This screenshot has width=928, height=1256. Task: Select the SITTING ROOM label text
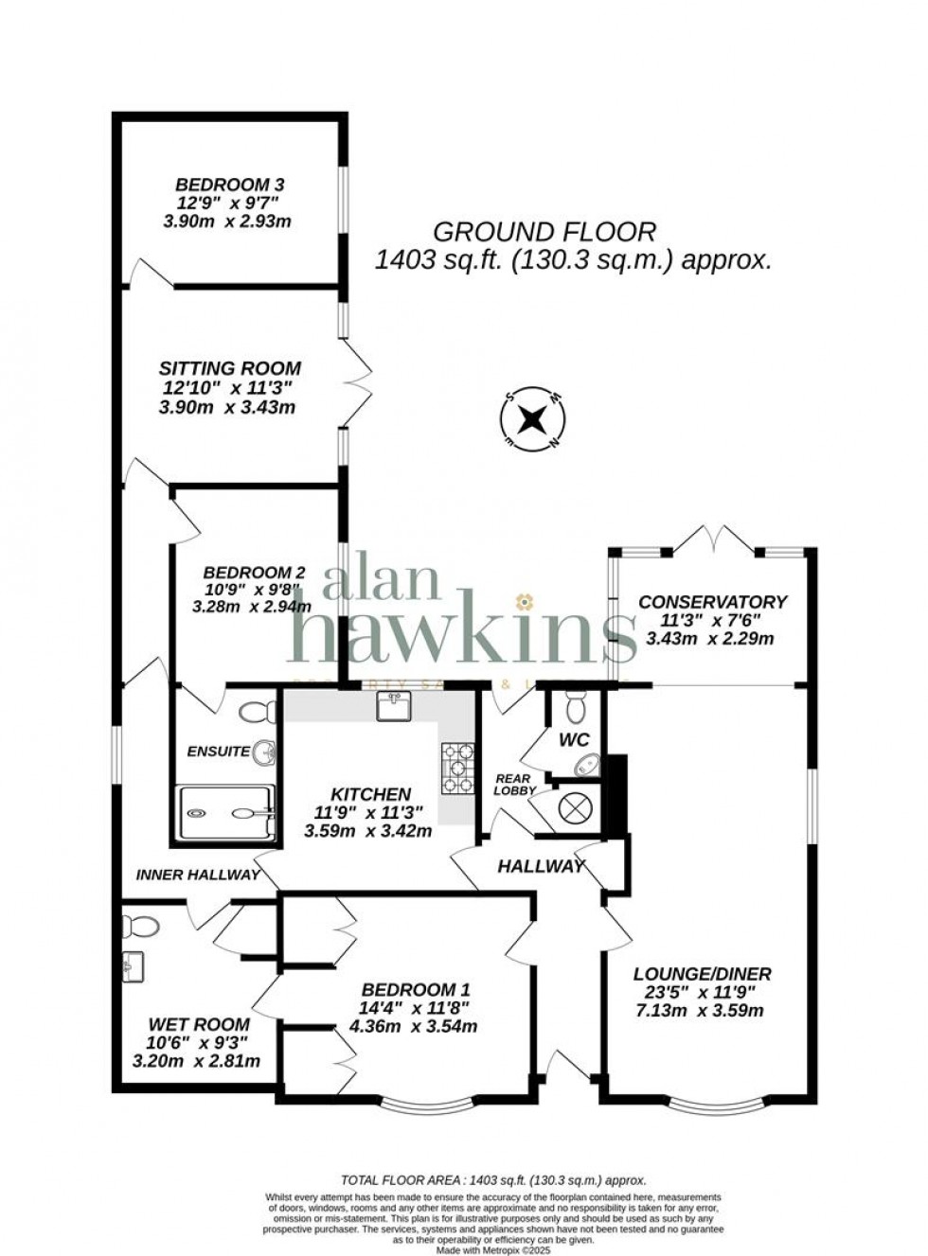point(230,368)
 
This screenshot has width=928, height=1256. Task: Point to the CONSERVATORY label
point(712,602)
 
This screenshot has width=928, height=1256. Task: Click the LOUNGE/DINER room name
point(702,974)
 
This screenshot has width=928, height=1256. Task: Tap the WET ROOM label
point(199,1024)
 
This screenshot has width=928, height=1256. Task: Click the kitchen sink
point(393,705)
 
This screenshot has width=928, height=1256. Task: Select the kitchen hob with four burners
point(457,768)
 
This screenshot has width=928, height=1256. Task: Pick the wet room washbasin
point(132,966)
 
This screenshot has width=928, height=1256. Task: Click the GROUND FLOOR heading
point(544,232)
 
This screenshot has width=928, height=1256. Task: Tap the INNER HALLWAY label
point(198,875)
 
